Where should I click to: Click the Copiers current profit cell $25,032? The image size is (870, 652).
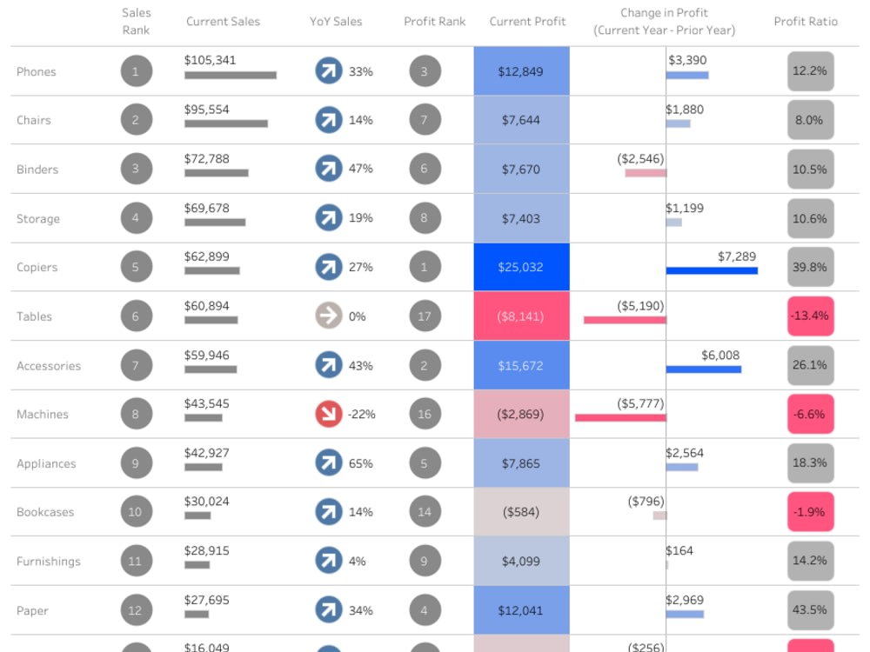(x=521, y=267)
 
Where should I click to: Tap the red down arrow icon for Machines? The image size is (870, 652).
(x=328, y=415)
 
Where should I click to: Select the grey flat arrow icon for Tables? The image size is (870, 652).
(x=328, y=316)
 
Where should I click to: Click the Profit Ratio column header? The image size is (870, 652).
(x=806, y=22)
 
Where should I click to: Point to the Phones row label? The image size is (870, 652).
(x=36, y=72)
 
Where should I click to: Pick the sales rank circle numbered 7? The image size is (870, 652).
(x=136, y=366)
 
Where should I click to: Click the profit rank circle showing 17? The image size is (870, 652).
(x=425, y=316)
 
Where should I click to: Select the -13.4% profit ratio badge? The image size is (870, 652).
(x=810, y=316)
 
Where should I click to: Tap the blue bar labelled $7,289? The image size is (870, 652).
(x=712, y=270)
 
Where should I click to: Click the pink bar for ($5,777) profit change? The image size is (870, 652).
(x=620, y=418)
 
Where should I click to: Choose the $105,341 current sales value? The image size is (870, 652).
(x=210, y=60)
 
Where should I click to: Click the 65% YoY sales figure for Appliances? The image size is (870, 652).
(x=361, y=463)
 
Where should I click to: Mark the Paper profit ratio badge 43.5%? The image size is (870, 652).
(x=810, y=610)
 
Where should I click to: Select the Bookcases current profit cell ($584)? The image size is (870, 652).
(x=521, y=512)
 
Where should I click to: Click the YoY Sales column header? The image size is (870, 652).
(x=336, y=22)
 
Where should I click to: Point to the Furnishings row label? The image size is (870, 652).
(x=48, y=562)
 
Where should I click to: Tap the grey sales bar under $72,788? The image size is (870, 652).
(x=216, y=173)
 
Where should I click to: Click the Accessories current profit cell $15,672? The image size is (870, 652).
(x=521, y=366)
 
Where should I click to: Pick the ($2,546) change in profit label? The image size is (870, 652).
(x=640, y=158)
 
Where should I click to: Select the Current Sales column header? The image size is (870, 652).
(x=223, y=22)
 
